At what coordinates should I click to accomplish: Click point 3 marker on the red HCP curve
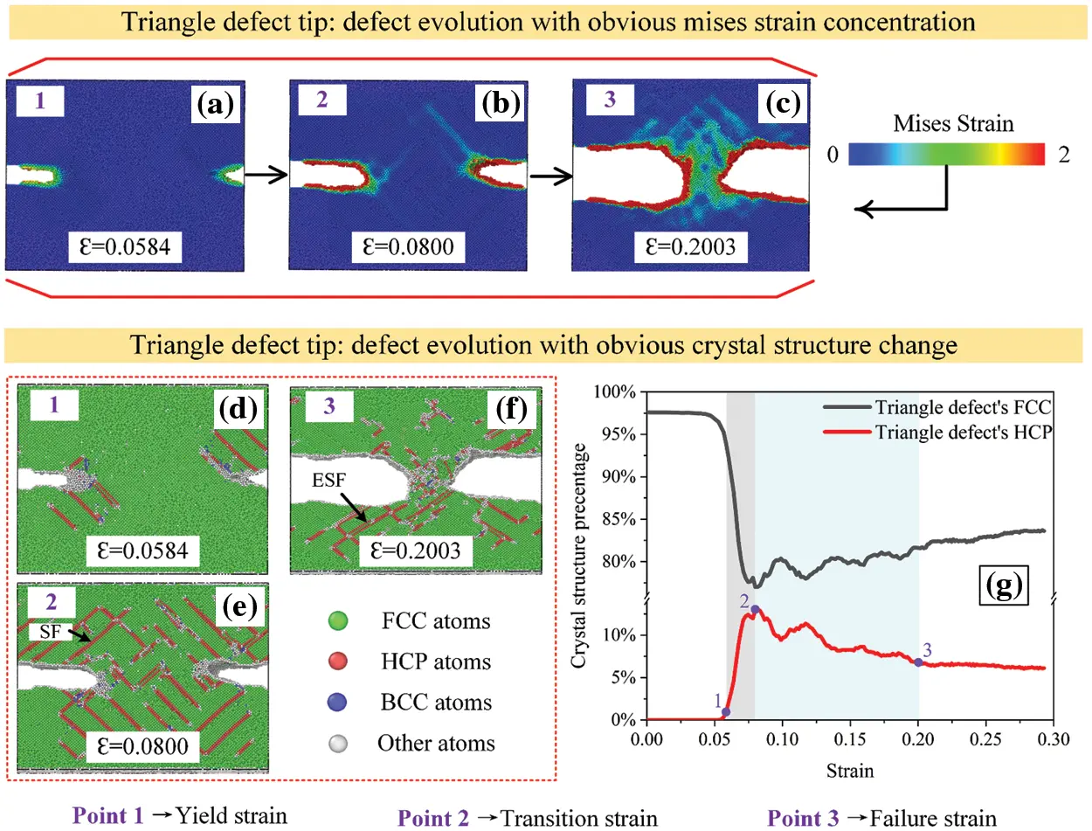918,662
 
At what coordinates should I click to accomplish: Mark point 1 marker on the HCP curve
726,712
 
